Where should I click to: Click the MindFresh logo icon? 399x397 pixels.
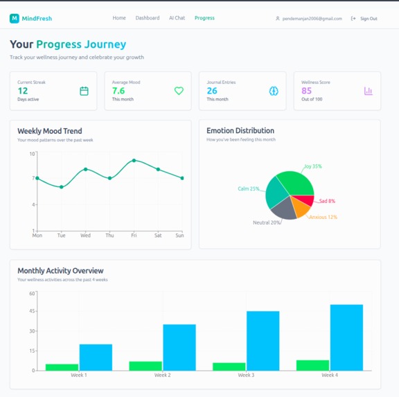pos(14,18)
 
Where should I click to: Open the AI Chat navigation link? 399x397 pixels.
pos(177,18)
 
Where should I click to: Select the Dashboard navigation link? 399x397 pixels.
pos(147,18)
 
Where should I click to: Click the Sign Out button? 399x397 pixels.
pos(364,19)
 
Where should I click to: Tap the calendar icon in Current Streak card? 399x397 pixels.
pos(85,91)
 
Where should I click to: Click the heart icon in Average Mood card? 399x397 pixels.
pos(179,91)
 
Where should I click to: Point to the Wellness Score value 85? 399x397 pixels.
pos(306,91)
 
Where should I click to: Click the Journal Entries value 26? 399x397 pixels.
pos(211,91)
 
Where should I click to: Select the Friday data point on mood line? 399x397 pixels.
pos(134,161)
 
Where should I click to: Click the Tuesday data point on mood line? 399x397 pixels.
pos(61,187)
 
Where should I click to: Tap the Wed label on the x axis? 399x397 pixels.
pos(85,236)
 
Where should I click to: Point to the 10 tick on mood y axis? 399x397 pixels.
pos(32,154)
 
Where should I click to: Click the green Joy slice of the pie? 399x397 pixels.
pos(298,184)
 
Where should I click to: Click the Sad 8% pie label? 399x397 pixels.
pos(327,201)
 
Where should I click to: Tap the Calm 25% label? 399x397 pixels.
pos(249,188)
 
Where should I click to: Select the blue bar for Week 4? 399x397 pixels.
pos(346,337)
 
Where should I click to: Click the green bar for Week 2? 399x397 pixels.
pos(145,366)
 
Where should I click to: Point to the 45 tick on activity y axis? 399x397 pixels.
pos(32,312)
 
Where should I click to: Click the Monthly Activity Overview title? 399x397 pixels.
pos(60,271)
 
